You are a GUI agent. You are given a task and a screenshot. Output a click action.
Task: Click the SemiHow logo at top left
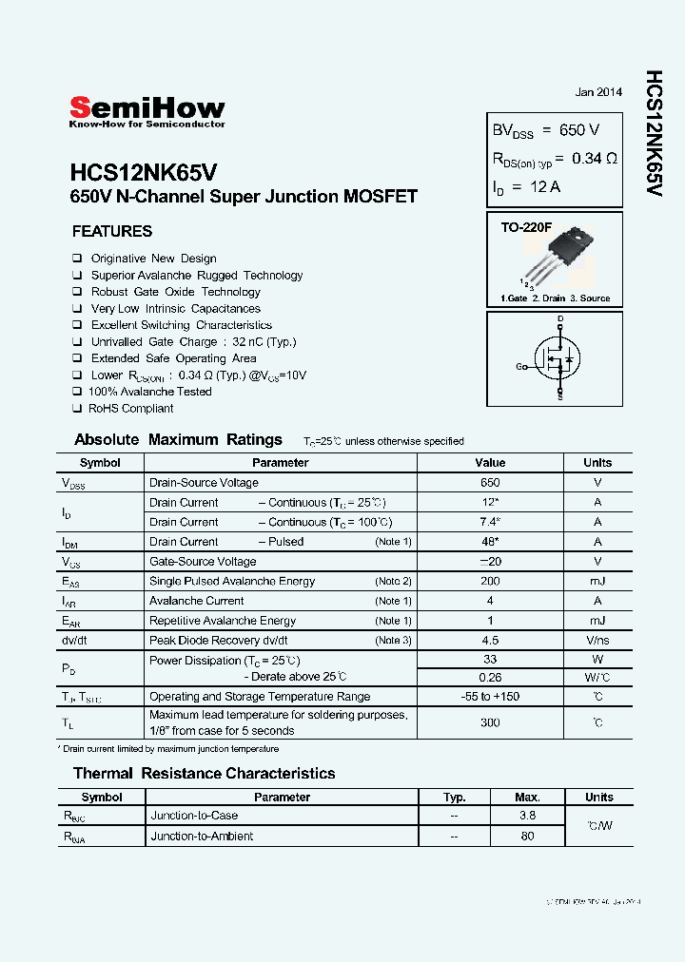(147, 111)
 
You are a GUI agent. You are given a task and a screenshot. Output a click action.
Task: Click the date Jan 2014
(598, 92)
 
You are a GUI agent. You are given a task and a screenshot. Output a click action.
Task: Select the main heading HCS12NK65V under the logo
(144, 172)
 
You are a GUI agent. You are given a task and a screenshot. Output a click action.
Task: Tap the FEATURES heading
(112, 231)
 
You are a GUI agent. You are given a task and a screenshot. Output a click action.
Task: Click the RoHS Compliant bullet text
(130, 408)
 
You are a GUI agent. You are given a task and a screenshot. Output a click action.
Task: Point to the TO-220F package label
(526, 229)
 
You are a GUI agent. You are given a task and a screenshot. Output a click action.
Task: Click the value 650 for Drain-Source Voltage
(490, 483)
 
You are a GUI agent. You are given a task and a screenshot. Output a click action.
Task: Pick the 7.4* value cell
(490, 522)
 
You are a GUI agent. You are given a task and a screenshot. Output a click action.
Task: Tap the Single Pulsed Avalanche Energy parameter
(232, 581)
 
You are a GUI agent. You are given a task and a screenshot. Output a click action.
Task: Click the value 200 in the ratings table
(490, 581)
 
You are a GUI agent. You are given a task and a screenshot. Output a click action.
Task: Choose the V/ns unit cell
(597, 641)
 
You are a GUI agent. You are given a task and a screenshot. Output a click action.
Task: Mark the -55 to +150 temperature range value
(490, 697)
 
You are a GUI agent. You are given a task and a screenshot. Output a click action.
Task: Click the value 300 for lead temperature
(490, 722)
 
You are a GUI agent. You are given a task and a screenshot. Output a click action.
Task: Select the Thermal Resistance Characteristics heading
(205, 774)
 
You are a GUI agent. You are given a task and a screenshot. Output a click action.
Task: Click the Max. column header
(527, 798)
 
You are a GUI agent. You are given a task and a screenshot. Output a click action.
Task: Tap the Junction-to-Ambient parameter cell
(202, 837)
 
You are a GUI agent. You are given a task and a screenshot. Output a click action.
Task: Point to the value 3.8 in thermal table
(527, 816)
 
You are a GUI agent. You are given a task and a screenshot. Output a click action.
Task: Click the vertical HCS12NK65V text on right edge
(654, 133)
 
